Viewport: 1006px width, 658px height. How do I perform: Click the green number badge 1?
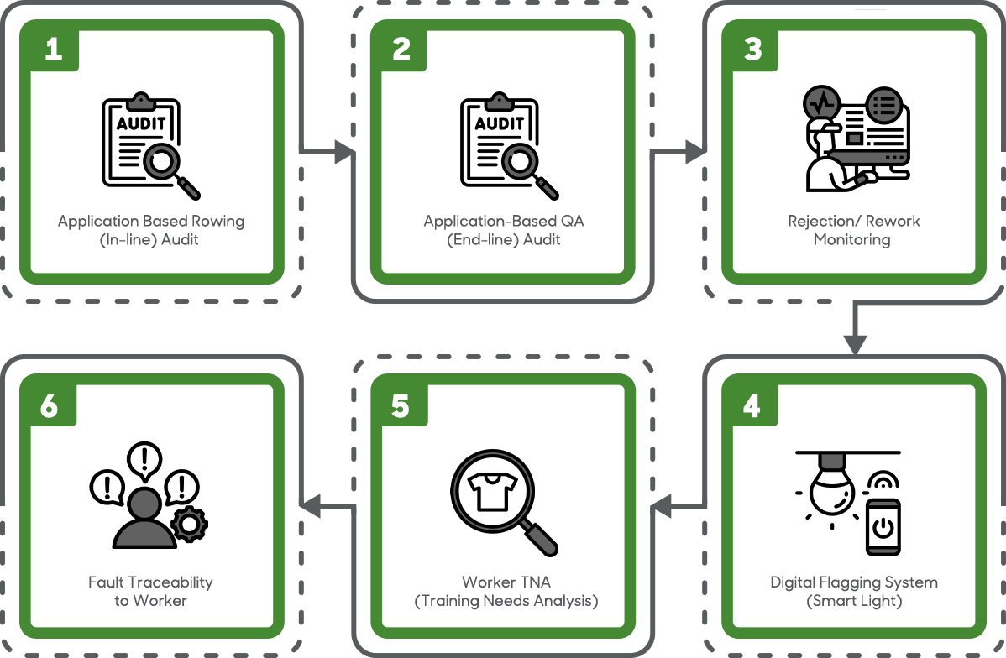coord(54,50)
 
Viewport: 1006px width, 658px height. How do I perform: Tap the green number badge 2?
coord(401,50)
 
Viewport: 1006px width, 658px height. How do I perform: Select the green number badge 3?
coord(752,50)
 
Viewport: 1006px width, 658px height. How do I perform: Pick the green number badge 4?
coord(752,406)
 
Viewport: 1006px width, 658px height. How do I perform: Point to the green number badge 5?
coord(401,406)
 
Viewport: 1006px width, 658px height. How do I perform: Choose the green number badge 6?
coord(50,406)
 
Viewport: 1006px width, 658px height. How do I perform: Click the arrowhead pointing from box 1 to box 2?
coord(345,152)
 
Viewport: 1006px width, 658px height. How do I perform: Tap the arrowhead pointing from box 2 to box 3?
coord(695,152)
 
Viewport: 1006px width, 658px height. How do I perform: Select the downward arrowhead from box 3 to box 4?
coord(855,344)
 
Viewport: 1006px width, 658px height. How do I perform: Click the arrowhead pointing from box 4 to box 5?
coord(662,506)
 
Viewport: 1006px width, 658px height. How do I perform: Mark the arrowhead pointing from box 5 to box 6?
coord(312,506)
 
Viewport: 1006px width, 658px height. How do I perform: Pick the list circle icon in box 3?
coord(883,105)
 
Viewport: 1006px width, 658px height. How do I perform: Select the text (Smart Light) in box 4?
coord(853,601)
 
